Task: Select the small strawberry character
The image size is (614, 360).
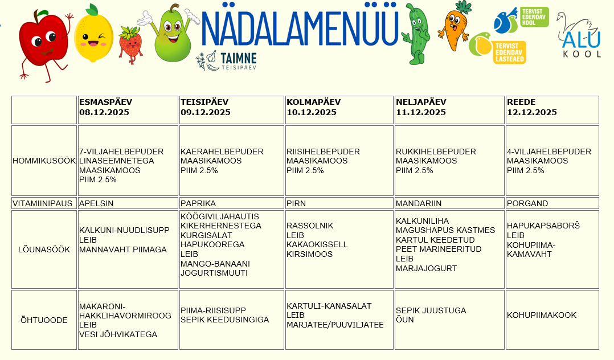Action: (130, 44)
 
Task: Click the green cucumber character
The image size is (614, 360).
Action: (417, 34)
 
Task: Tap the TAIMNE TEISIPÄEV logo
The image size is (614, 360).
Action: (226, 60)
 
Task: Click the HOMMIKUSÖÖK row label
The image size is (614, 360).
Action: (44, 161)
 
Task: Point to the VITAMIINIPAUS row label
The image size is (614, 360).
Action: (44, 203)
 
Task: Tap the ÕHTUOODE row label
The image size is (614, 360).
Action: (44, 320)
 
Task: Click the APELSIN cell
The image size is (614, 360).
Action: (96, 203)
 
